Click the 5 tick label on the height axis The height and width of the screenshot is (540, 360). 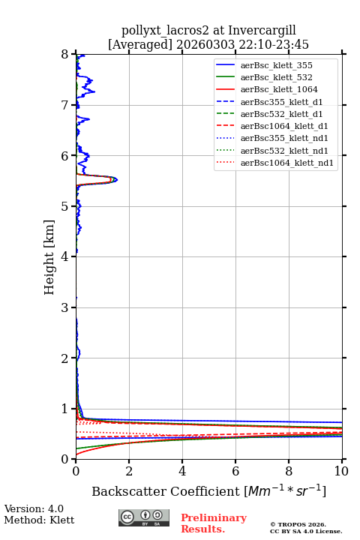tap(65, 206)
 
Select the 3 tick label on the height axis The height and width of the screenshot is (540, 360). tap(65, 307)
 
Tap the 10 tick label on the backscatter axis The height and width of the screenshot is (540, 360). tap(341, 471)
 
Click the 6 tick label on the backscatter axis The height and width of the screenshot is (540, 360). tap(235, 471)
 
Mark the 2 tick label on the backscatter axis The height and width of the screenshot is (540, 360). tap(129, 471)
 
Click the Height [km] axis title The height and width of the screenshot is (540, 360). tap(49, 257)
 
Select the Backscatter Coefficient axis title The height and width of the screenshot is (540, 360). tap(208, 491)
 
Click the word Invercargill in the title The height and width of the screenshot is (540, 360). tap(262, 31)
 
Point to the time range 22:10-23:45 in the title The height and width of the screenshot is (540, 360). tap(272, 45)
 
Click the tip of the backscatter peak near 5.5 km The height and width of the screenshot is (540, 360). tap(118, 179)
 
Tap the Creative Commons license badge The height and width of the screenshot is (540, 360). tap(144, 517)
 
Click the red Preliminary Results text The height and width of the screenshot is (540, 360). tap(214, 523)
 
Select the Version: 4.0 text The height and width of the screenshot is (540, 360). tap(34, 508)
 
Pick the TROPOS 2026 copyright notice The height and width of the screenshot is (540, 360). tap(298, 524)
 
